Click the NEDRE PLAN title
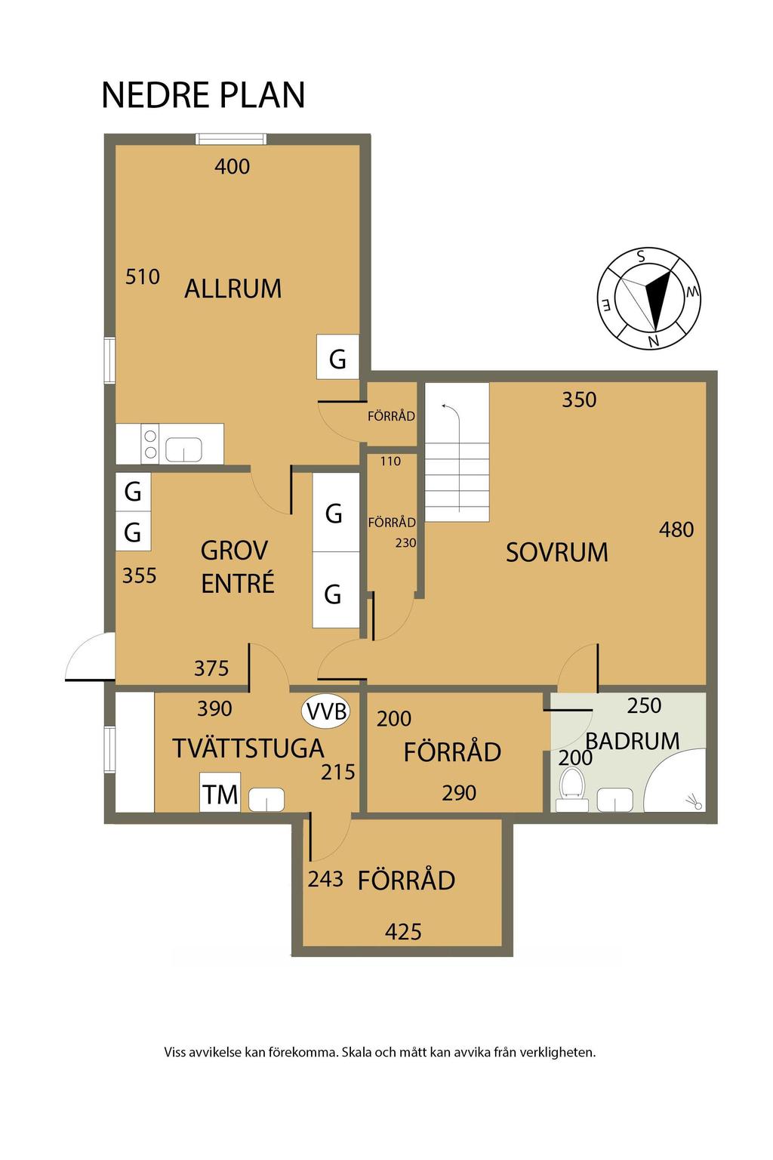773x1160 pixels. click(203, 94)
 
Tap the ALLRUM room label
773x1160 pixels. click(233, 288)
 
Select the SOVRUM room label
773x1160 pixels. click(556, 552)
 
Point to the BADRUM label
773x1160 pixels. click(632, 741)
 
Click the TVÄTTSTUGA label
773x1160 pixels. click(248, 748)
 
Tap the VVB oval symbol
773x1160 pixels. click(325, 711)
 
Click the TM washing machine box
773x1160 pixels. click(220, 791)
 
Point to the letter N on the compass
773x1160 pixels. click(654, 341)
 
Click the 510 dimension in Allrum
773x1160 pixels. click(143, 277)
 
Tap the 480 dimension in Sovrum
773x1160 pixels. click(676, 529)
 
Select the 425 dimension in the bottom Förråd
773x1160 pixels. click(403, 932)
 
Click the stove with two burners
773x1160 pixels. click(150, 444)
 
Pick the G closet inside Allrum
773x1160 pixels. click(337, 357)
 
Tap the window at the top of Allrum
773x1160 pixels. click(231, 139)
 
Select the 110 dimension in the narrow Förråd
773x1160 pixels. click(390, 461)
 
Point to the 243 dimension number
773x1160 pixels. click(325, 879)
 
